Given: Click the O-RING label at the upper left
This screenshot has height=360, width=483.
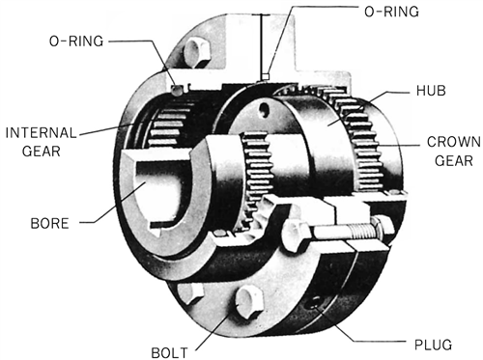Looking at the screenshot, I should click(x=80, y=42).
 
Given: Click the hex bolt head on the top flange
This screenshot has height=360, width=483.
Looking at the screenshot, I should click(x=200, y=50).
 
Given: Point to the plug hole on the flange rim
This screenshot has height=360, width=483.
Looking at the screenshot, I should click(x=312, y=303).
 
